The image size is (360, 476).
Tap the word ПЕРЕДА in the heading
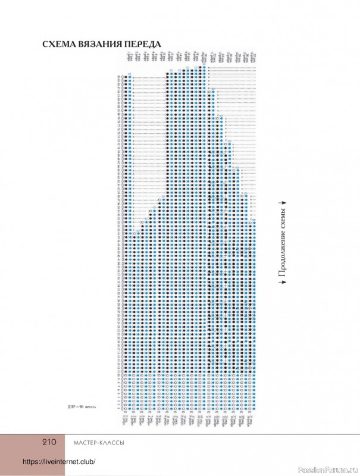143,45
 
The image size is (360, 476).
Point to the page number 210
49,441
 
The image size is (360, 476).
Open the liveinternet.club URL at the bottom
60,462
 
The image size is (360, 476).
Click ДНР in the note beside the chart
72,408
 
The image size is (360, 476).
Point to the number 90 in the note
82,408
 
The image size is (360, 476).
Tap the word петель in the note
91,408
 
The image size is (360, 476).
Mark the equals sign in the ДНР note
77,408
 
